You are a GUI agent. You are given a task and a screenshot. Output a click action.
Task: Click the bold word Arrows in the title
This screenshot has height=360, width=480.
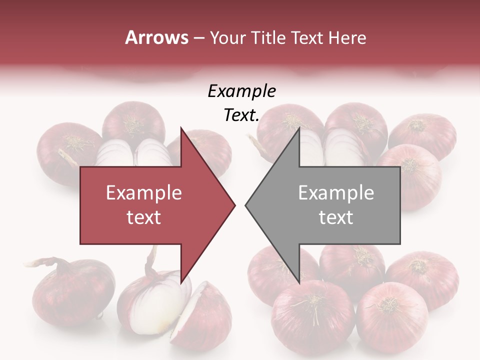[x=157, y=37]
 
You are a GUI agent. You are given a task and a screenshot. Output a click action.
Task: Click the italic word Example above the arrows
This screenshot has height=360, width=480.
[x=241, y=91]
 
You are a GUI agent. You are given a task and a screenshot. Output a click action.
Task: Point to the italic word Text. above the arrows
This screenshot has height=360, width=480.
[x=241, y=115]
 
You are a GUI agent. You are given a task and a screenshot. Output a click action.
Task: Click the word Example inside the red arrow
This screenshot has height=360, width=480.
[x=143, y=193]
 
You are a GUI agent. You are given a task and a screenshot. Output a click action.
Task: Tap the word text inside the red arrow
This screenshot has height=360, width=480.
[x=143, y=217]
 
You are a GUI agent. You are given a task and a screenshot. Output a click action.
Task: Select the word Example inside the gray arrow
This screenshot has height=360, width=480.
[x=336, y=193]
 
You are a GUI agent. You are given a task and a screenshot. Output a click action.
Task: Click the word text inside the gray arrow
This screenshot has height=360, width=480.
[x=336, y=217]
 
